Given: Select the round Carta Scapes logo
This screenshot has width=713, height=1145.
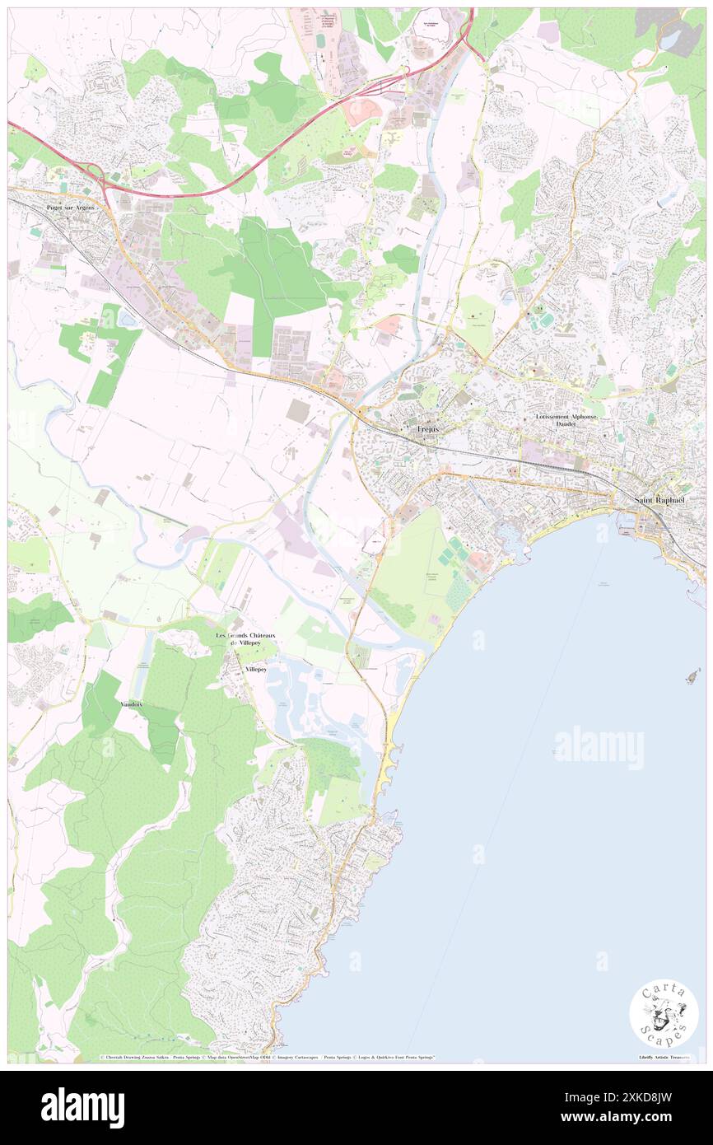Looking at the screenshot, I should click(x=664, y=1016).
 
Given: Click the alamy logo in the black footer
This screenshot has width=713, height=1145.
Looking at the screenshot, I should click(x=82, y=1107).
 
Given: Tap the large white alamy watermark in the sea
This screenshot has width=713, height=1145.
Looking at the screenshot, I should click(x=599, y=748).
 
